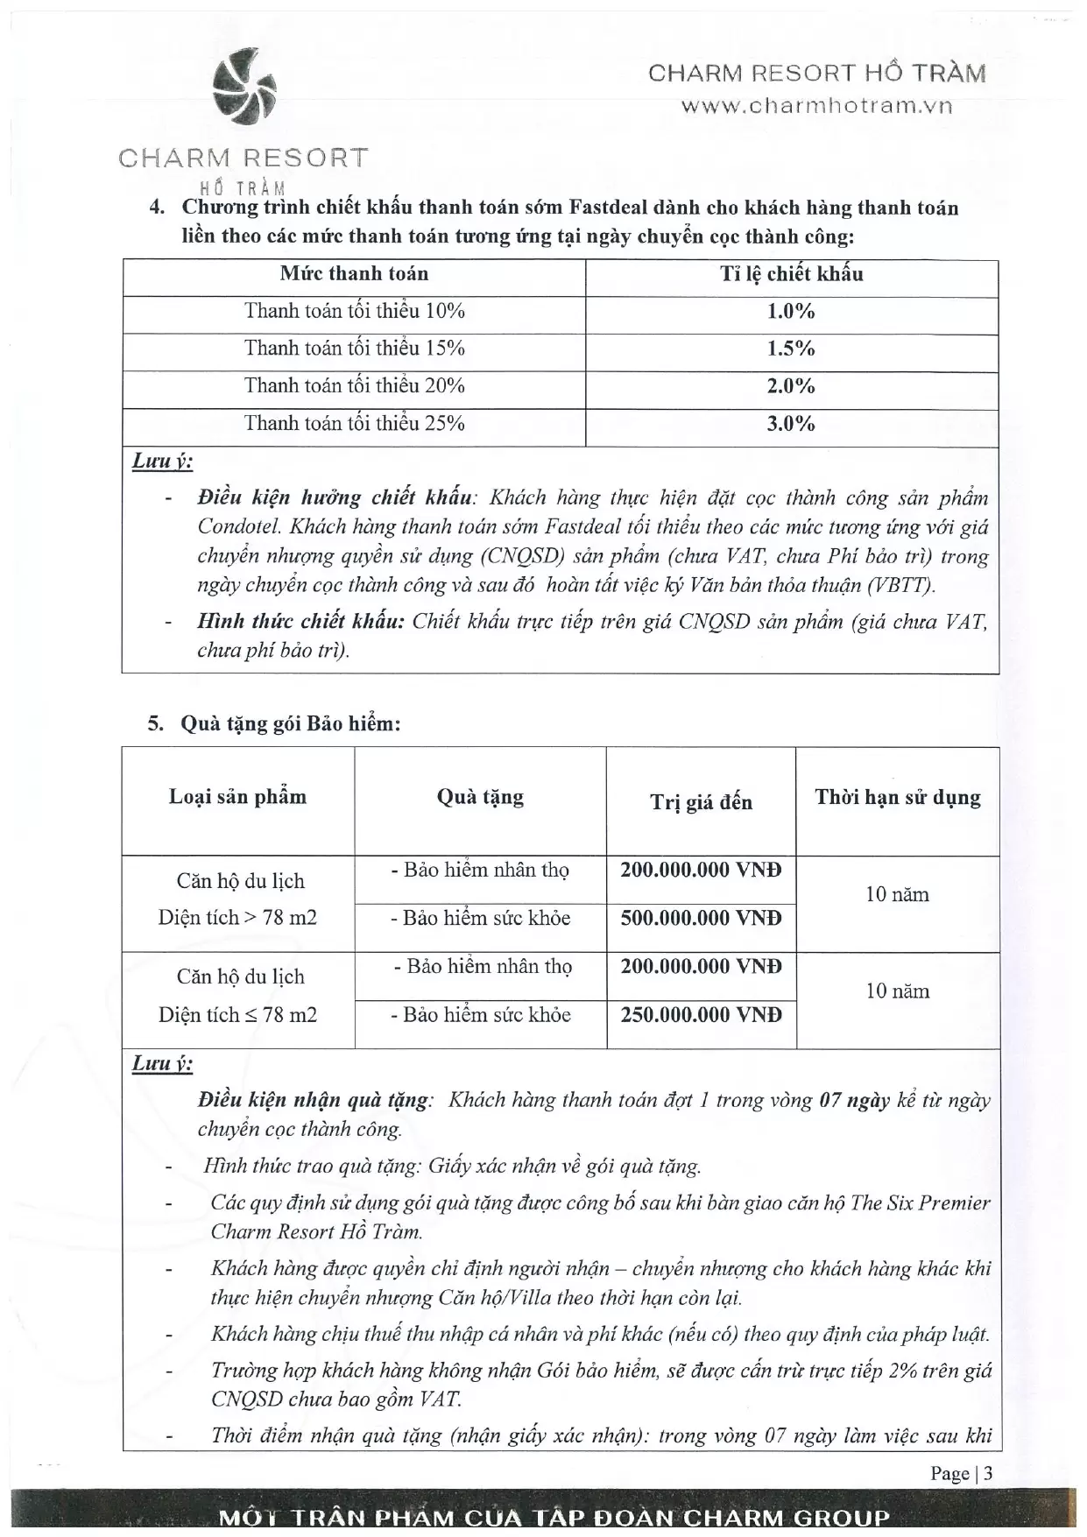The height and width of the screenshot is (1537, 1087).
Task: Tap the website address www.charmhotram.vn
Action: tap(816, 106)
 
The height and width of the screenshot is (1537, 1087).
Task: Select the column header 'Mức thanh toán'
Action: tap(354, 274)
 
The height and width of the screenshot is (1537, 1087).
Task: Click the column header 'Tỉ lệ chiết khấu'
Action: tap(791, 274)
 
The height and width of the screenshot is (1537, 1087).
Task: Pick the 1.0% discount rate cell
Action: tap(791, 312)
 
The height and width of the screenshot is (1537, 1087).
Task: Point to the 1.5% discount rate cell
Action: tap(791, 349)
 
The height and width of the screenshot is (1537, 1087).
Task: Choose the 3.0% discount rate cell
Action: tap(791, 424)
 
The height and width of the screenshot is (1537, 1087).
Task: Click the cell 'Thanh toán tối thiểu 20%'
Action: tap(354, 386)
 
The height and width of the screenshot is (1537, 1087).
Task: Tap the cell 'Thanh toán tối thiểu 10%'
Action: tap(354, 312)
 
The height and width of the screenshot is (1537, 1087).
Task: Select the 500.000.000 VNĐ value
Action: tap(701, 919)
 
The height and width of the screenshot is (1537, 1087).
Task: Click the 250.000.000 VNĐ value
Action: tap(701, 1015)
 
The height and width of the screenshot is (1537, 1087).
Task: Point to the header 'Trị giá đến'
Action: tap(701, 802)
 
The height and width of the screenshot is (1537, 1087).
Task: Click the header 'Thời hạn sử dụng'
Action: tap(898, 798)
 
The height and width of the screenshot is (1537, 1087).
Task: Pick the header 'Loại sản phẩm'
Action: tap(237, 797)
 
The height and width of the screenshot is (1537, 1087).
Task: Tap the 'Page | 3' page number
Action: tap(961, 1474)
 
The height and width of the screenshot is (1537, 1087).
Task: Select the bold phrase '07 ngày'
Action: tap(854, 1101)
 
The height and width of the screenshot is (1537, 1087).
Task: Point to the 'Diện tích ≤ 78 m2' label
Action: tap(237, 1015)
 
